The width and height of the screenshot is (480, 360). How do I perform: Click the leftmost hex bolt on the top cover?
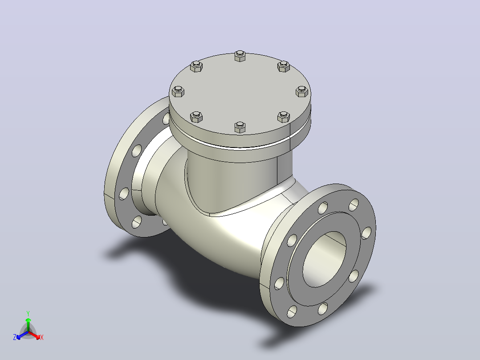(x=178, y=91)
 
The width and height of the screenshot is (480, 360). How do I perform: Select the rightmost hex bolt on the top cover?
(x=302, y=91)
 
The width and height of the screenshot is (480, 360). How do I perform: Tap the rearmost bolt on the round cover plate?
(x=240, y=56)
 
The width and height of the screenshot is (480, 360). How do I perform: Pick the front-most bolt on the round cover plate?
(x=240, y=127)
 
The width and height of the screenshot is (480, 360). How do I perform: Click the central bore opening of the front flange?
(x=324, y=259)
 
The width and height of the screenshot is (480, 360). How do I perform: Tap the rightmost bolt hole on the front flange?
(x=366, y=233)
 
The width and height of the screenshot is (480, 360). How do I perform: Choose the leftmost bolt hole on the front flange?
(x=279, y=283)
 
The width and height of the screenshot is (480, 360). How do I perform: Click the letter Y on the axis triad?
(x=28, y=313)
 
